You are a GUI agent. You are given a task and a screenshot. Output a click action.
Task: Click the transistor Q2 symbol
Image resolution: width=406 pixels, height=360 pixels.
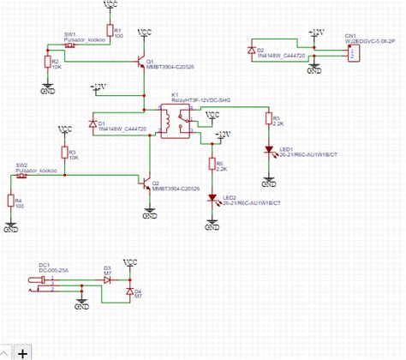(x=146, y=183)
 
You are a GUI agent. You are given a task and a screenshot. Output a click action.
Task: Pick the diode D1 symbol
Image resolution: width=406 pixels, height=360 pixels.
(x=93, y=124)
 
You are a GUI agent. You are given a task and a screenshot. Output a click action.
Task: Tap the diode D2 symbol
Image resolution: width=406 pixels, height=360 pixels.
(x=250, y=52)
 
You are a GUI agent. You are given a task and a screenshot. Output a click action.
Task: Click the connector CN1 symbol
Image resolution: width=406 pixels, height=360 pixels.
(x=350, y=53)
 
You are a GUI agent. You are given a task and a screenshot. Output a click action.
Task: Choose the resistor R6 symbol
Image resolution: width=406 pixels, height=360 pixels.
(x=212, y=165)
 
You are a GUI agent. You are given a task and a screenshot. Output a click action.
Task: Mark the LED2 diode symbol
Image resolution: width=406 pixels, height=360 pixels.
(x=212, y=197)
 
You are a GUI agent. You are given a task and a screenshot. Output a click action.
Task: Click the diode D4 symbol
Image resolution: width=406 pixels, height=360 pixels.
(x=128, y=292)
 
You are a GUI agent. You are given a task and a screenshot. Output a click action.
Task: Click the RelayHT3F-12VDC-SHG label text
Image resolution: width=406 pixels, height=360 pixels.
(x=201, y=100)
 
